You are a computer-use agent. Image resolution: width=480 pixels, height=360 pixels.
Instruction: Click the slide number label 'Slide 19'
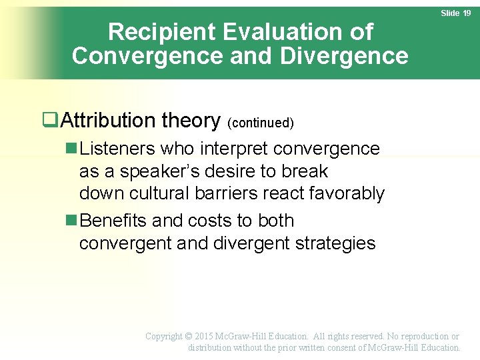pos(456,13)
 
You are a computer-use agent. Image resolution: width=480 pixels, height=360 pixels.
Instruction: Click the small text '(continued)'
pos(261,123)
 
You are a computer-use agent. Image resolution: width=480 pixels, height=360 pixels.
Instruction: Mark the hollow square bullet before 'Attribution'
pos(48,120)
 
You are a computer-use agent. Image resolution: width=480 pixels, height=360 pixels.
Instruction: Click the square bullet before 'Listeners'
pos(72,149)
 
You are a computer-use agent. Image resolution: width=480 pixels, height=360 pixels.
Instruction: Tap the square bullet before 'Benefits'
pos(72,221)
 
